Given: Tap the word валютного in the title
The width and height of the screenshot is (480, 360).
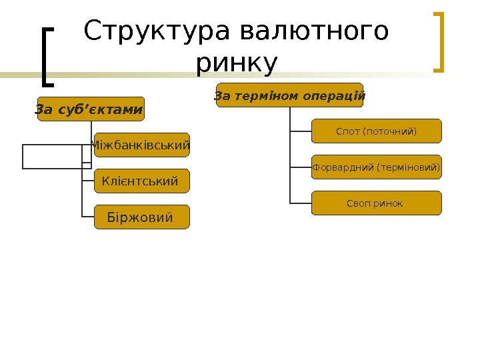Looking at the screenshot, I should coord(313,31).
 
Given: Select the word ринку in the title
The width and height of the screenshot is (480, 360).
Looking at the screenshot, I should coord(237,64).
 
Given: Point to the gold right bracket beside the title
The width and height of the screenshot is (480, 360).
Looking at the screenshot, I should coord(438,41).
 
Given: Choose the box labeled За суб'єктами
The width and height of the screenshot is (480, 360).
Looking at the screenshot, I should coord(90,109).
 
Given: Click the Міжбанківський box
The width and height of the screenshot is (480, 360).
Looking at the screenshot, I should coord(141,145).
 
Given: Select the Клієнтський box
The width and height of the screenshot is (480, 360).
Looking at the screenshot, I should coord(141,181).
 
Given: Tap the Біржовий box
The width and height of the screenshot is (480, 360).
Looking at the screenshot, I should coord(141,217).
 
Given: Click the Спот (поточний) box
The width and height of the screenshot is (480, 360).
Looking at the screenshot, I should coord(376,131).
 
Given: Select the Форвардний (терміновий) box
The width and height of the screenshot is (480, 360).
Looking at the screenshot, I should coord(376,167).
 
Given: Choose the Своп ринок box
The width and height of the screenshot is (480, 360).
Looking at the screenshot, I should coord(376,203).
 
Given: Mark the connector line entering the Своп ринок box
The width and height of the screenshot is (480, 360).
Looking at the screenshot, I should coord(301,203).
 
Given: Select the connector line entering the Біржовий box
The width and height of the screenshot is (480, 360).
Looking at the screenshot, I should coord(88,217).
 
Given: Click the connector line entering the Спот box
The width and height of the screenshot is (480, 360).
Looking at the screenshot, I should coord(301,131).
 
